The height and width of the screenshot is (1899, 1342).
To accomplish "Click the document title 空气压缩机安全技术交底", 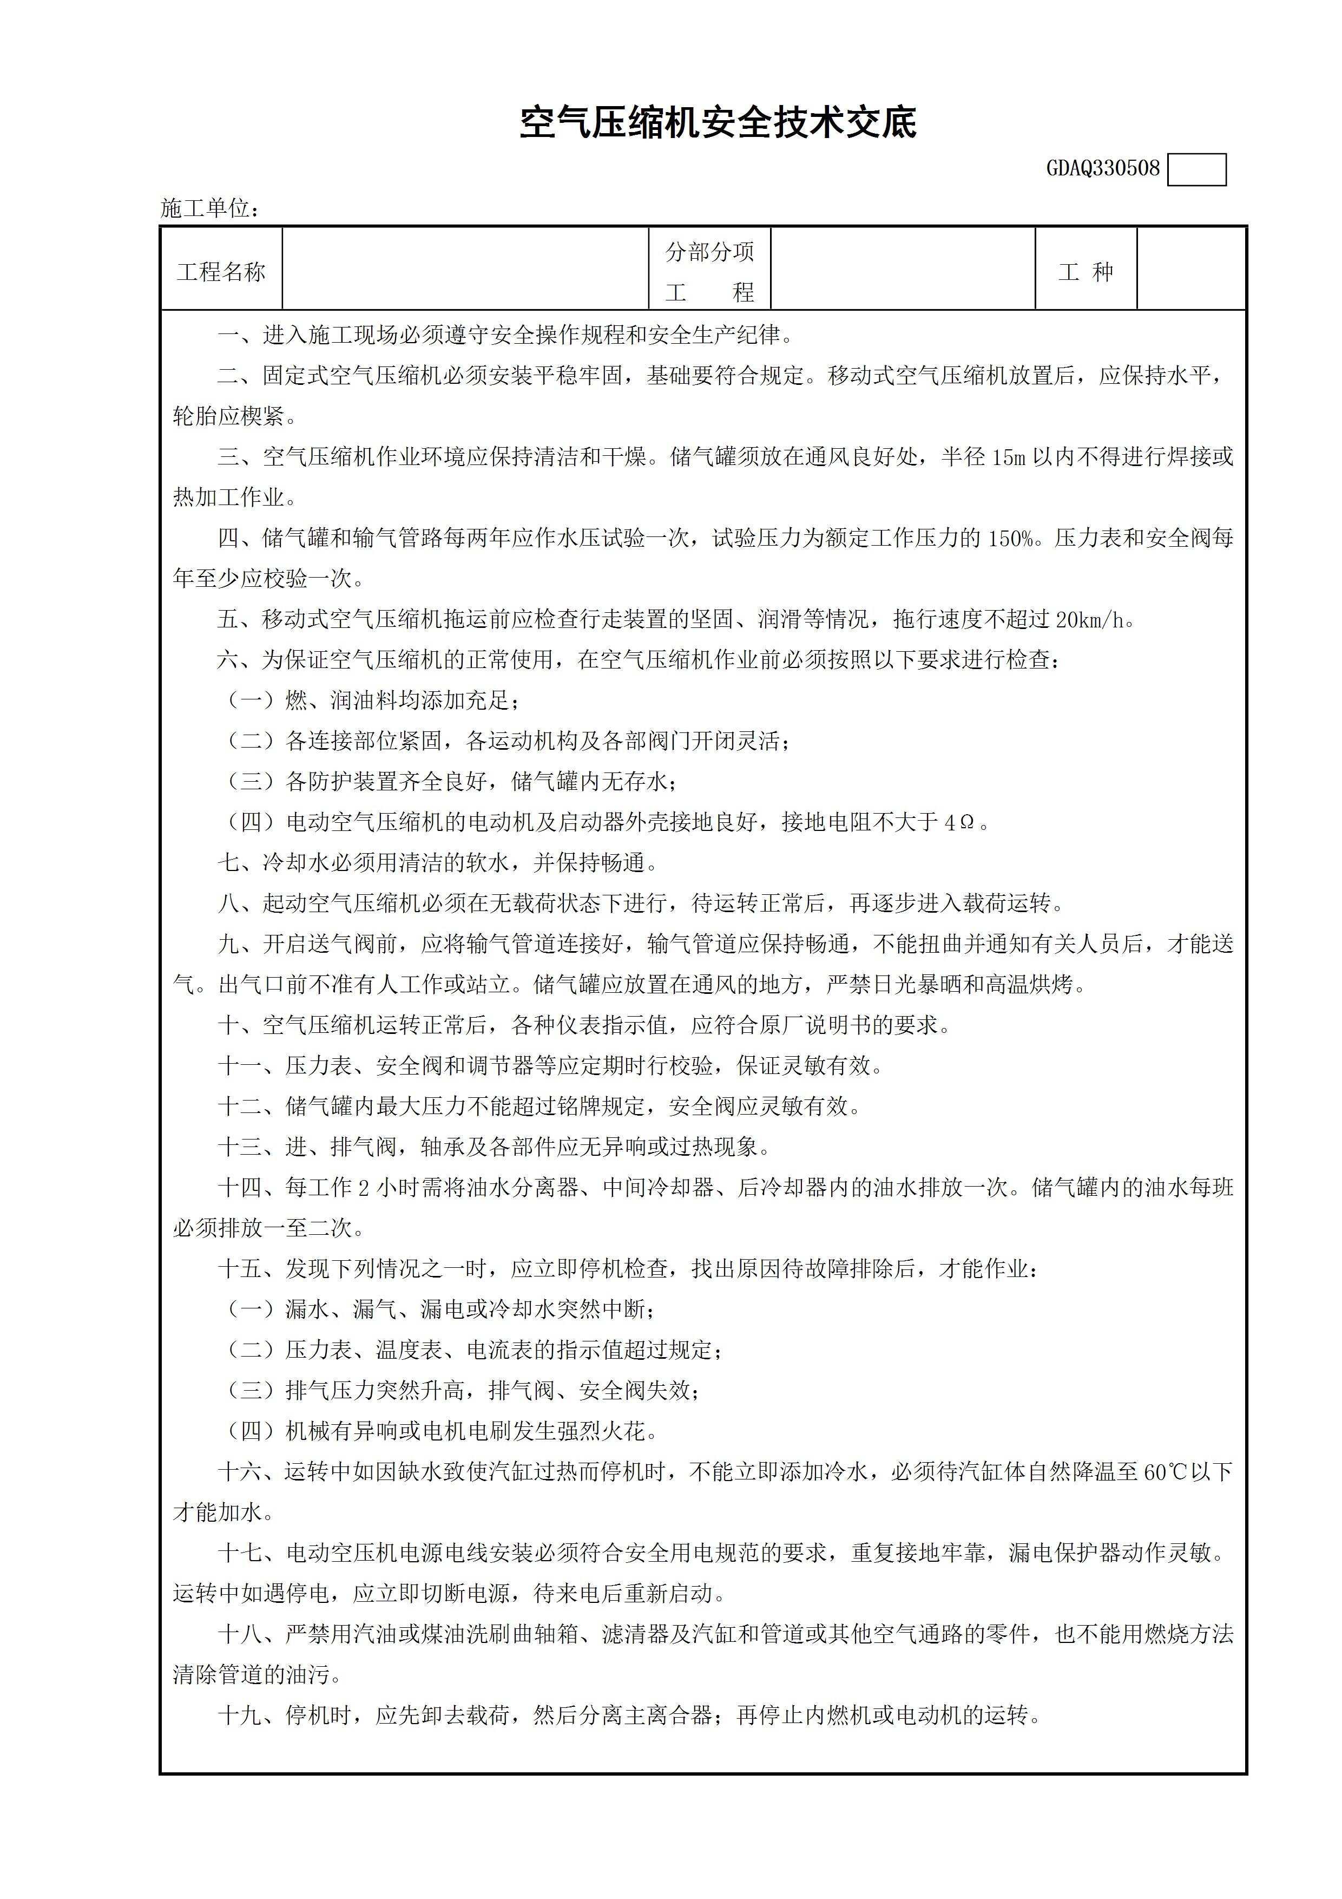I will pyautogui.click(x=718, y=124).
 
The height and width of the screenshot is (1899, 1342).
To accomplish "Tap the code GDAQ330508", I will pyautogui.click(x=1103, y=169).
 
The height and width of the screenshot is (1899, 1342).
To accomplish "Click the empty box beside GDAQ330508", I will pyautogui.click(x=1196, y=169).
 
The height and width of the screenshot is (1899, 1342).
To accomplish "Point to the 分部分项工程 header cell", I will pyautogui.click(x=709, y=271).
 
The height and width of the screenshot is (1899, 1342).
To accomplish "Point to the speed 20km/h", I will pyautogui.click(x=1090, y=619).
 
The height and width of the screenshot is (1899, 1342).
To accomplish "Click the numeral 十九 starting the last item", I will pyautogui.click(x=240, y=1716).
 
